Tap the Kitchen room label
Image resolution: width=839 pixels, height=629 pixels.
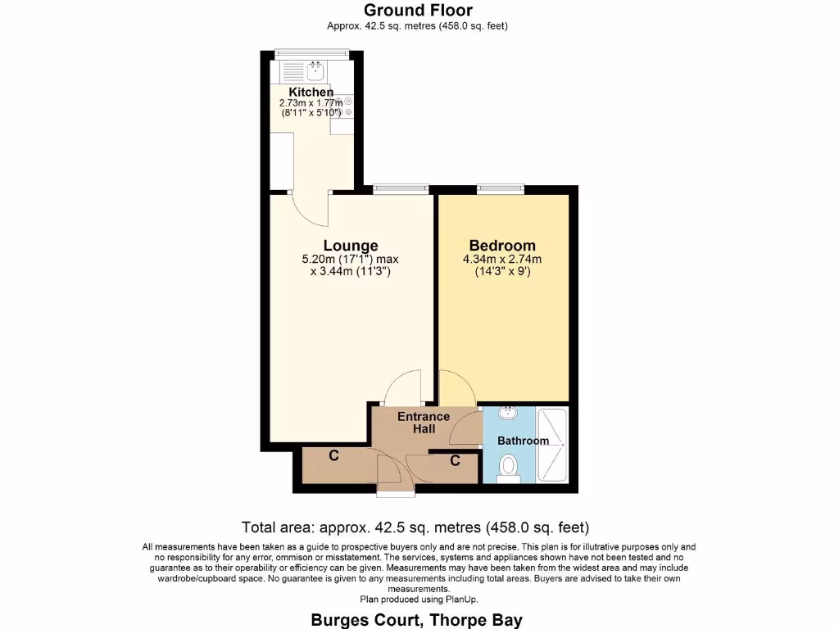[x=311, y=93]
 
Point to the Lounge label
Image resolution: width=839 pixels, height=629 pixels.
[x=351, y=246]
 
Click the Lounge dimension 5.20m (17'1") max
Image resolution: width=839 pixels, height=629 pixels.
[x=351, y=260]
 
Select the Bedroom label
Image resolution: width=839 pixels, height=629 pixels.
[x=502, y=246]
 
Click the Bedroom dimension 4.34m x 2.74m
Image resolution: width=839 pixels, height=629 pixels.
[x=502, y=260]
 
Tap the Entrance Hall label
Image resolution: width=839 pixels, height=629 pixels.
[x=424, y=423]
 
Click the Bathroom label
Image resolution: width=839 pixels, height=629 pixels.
[x=524, y=441]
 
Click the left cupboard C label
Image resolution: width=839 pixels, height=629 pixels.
[x=334, y=456]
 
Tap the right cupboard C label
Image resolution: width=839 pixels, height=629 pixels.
[x=455, y=461]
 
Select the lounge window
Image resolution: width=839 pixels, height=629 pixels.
[x=401, y=190]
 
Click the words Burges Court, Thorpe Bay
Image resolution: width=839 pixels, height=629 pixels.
[x=416, y=619]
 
